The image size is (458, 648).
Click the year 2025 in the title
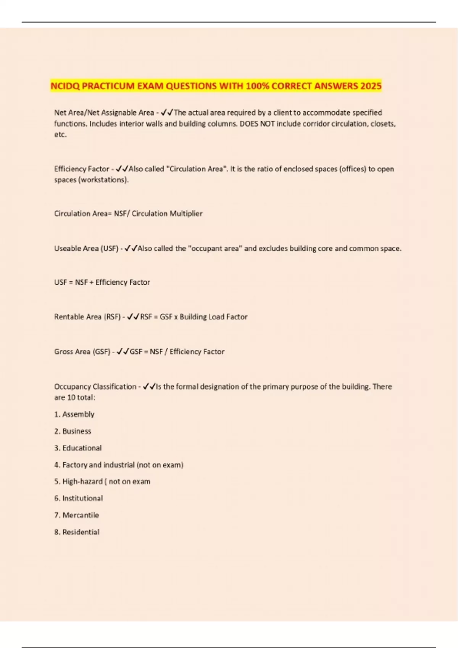tap(371, 86)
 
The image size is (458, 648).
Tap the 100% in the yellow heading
tap(258, 86)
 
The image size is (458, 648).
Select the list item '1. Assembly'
tap(74, 414)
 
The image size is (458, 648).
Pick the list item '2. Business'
tap(73, 431)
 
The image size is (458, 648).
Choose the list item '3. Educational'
tap(78, 448)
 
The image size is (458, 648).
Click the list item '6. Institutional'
tap(79, 498)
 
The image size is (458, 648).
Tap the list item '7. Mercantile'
tap(77, 515)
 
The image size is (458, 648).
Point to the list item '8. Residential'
tap(77, 532)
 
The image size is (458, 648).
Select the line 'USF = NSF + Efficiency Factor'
tap(102, 282)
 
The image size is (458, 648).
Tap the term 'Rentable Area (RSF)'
tap(87, 317)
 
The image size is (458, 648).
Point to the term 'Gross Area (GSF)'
tap(82, 351)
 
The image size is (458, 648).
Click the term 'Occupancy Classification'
tap(95, 387)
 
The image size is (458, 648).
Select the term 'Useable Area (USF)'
tap(86, 249)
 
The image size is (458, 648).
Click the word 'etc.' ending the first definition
tap(60, 135)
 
